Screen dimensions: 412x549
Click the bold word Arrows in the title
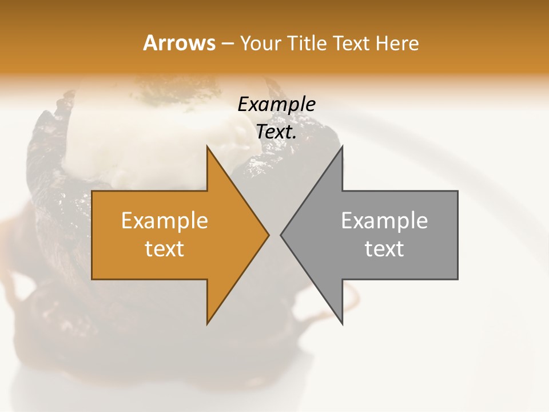180,43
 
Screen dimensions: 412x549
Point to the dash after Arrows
227,44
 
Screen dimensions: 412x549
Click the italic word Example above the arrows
276,105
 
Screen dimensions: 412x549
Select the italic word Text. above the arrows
276,132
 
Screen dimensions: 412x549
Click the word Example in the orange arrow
164,221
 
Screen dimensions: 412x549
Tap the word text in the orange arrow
164,249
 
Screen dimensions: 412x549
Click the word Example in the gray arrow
384,221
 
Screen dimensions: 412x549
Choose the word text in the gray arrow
384,249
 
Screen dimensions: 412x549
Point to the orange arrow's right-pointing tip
268,235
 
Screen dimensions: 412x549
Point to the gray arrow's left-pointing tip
281,235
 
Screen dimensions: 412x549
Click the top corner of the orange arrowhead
208,147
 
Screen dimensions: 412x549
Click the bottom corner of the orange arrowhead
208,323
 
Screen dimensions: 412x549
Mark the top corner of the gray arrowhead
342,147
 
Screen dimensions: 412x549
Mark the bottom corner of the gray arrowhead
342,323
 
